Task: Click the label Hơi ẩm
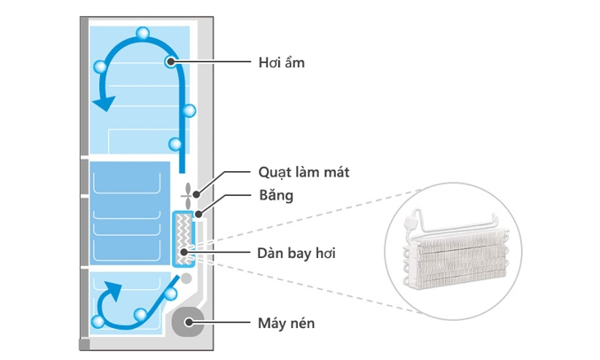point(281,62)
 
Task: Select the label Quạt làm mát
point(303,172)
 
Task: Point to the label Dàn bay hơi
point(297,254)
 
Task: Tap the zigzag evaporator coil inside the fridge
point(183,239)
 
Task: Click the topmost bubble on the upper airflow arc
point(143,34)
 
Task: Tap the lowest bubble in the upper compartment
point(175,144)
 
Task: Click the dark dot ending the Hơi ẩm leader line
point(169,61)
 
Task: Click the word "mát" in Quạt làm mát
point(335,172)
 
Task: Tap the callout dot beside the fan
point(198,193)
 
